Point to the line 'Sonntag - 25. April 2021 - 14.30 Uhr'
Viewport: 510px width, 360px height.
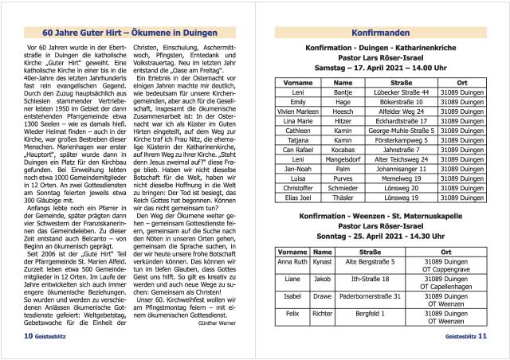[x=379, y=237]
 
